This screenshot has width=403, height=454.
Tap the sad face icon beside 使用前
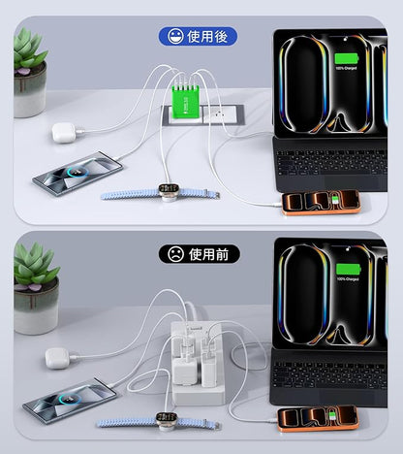(x=173, y=254)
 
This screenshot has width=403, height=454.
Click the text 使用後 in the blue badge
(x=206, y=38)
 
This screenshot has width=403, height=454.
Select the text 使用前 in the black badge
(x=207, y=254)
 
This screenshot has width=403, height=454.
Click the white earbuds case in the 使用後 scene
(x=65, y=132)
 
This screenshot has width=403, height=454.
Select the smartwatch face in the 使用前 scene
(x=163, y=422)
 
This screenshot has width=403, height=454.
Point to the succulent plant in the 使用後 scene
(x=29, y=52)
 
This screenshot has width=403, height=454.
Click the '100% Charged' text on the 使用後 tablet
(x=346, y=67)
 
